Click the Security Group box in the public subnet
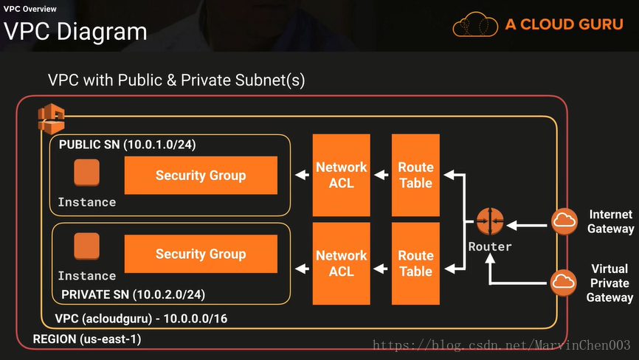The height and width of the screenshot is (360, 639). (x=201, y=176)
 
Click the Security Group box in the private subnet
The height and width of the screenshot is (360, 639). (x=201, y=254)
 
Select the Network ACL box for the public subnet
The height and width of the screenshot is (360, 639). (x=341, y=175)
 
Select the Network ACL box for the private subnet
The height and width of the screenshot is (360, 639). (x=341, y=263)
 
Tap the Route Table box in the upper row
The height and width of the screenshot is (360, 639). (x=415, y=175)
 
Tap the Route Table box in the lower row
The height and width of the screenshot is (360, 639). (x=415, y=263)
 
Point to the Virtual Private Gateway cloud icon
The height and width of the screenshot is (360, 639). (x=564, y=282)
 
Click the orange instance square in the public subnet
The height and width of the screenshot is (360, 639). (x=86, y=173)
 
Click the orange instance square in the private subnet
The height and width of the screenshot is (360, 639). (x=86, y=246)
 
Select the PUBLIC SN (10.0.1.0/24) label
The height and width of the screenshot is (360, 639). (x=127, y=144)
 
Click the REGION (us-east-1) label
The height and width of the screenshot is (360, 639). (x=87, y=339)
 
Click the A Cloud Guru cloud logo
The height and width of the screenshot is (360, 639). (x=474, y=24)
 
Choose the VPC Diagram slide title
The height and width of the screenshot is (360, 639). (x=75, y=32)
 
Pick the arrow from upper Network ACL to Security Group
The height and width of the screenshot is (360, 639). (x=300, y=176)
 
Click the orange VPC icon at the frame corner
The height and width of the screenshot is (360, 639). (x=52, y=118)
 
